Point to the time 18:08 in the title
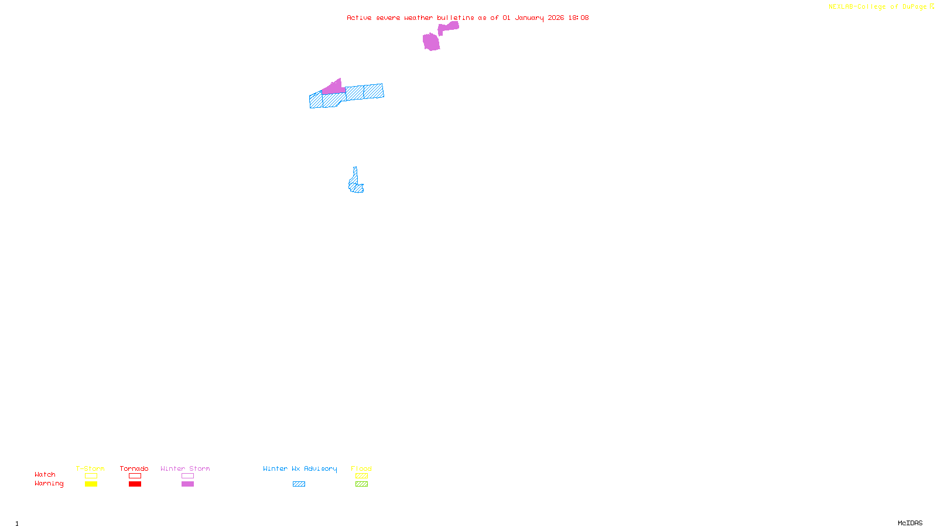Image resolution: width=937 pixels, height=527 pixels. [579, 18]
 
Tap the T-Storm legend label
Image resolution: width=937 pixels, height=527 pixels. [90, 468]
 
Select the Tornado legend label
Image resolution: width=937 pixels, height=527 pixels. [134, 468]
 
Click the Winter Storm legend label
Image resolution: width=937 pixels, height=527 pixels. [185, 468]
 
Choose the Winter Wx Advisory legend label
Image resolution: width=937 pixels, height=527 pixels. [300, 468]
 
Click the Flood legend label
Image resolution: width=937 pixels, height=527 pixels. [361, 468]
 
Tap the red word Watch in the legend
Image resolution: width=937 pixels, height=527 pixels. [45, 474]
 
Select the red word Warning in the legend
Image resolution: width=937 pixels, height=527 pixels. [49, 484]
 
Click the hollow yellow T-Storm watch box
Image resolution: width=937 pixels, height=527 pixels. [91, 476]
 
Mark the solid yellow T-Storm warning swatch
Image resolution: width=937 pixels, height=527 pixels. [91, 484]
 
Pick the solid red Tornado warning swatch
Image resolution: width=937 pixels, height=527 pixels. [135, 484]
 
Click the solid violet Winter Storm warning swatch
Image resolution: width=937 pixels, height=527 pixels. [187, 484]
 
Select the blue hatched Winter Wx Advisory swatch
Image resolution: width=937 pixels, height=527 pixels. [299, 484]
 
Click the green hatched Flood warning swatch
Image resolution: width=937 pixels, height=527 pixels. [361, 484]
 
